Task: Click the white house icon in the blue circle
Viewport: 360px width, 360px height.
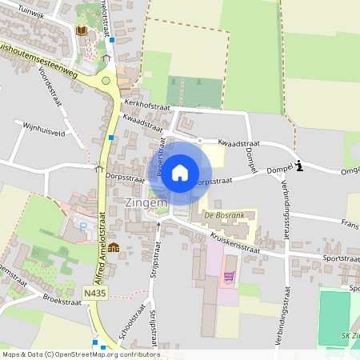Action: click(180, 172)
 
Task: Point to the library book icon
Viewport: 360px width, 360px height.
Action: click(81, 30)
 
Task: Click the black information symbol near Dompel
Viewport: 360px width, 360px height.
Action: click(298, 166)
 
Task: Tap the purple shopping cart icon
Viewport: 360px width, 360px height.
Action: click(230, 277)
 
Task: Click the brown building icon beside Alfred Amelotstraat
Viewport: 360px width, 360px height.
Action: click(114, 246)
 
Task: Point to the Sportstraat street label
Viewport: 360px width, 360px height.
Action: click(339, 259)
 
